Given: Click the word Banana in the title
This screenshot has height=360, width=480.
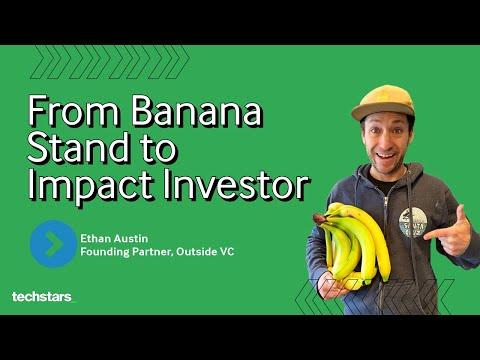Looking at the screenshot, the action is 196,111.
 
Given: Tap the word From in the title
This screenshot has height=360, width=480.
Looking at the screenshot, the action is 73,111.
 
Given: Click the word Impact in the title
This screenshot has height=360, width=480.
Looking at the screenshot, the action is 91,185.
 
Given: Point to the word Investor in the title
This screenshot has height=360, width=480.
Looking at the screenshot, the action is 236,183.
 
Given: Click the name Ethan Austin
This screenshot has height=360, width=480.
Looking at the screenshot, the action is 114,239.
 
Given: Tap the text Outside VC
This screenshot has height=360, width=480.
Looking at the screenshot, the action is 205,251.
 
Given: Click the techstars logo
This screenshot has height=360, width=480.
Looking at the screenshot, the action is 42,297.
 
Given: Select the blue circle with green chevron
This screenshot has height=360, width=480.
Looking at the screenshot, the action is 53,244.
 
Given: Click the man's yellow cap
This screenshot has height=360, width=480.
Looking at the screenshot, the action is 383,102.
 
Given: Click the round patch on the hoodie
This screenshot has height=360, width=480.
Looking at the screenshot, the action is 412,222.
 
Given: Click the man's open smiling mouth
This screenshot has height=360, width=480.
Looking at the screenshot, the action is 387,156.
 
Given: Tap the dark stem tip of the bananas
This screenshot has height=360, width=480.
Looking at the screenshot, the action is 320,219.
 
